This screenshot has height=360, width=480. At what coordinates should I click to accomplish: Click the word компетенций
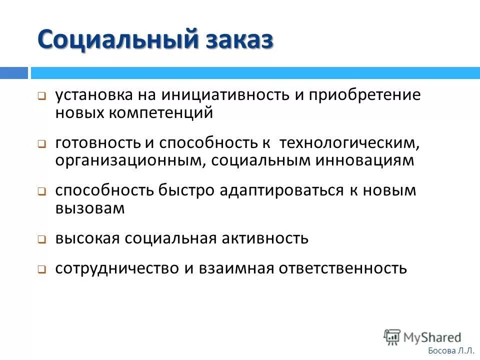pos(163,113)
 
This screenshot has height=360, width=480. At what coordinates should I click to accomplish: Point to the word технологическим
pos(349,142)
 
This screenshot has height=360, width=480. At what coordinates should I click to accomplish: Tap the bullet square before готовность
pos(42,143)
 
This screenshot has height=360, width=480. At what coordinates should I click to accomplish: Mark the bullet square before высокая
pos(42,239)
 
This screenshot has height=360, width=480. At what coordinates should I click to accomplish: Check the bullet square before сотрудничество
pos(42,269)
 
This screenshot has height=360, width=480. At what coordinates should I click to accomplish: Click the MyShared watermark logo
pos(422,336)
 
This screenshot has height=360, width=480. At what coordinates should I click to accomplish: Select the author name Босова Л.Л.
pos(451,351)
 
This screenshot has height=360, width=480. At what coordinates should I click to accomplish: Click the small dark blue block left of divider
pos(13,73)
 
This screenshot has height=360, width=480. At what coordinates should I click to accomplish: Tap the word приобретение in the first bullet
pos(364,95)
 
